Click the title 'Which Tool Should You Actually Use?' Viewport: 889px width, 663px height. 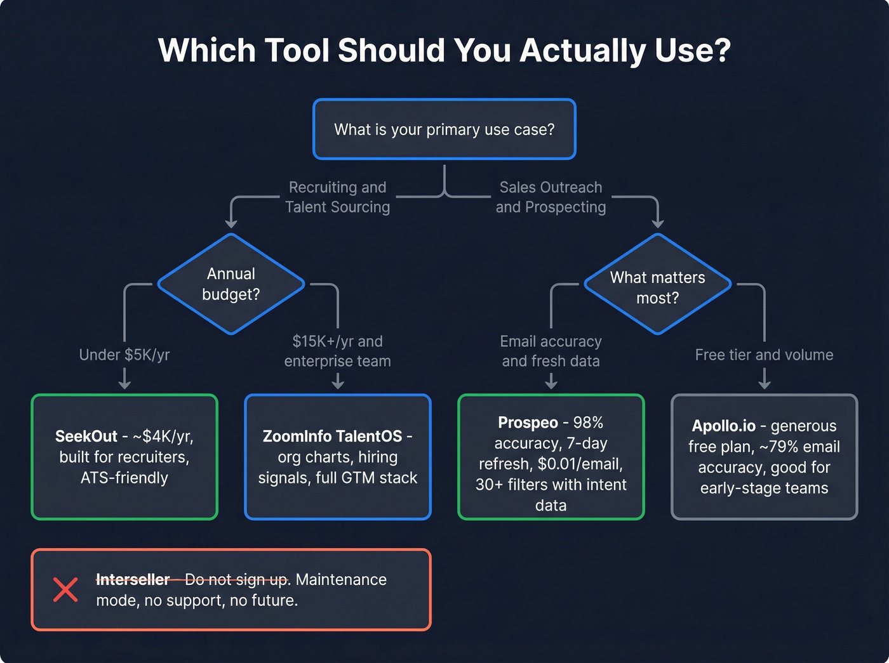click(444, 50)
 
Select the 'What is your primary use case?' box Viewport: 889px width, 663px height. click(444, 129)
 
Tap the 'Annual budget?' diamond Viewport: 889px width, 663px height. click(231, 284)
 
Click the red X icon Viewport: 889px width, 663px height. click(65, 589)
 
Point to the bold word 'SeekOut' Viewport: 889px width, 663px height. click(86, 437)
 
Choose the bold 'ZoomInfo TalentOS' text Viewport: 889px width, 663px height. click(332, 437)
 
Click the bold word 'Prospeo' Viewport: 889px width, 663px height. click(528, 423)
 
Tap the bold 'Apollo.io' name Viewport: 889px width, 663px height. click(723, 426)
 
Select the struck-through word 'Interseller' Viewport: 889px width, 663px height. click(133, 579)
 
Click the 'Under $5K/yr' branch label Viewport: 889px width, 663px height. click(124, 355)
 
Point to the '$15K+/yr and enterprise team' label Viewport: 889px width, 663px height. click(338, 351)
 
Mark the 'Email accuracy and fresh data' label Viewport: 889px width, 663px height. click(551, 351)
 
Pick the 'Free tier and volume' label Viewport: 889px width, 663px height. click(764, 355)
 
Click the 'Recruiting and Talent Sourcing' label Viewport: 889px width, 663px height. click(338, 197)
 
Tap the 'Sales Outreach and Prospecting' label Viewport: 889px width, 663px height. click(551, 197)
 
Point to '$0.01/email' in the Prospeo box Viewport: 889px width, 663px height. click(578, 464)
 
